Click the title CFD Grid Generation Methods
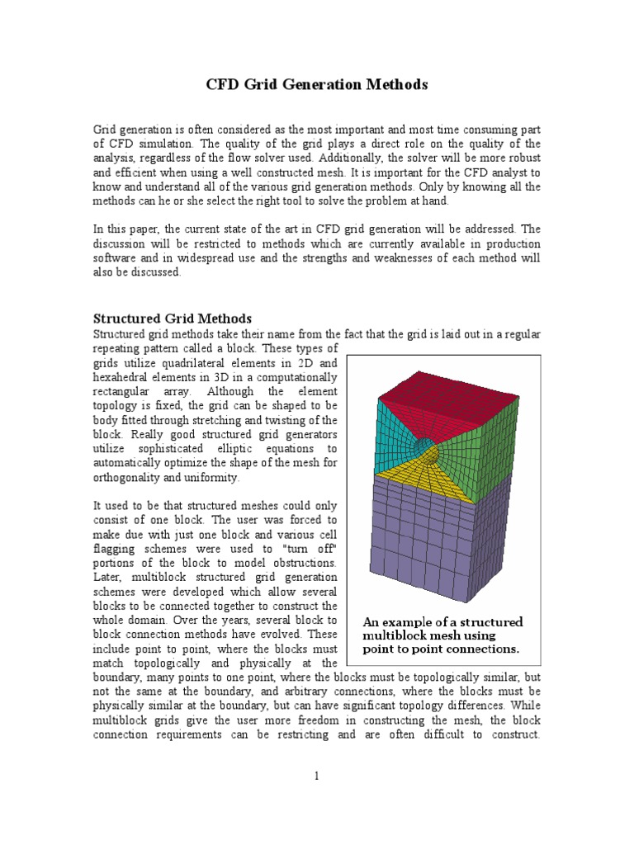tap(316, 84)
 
